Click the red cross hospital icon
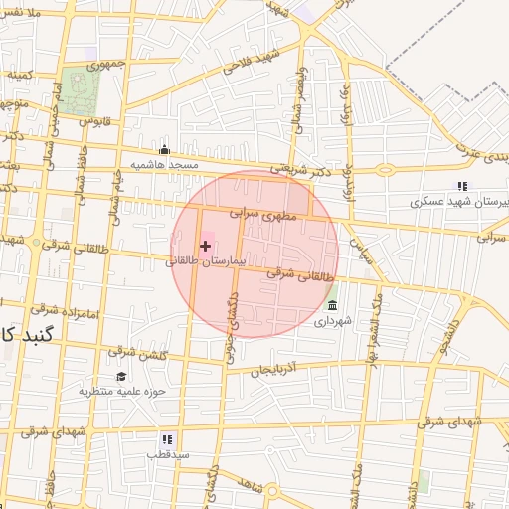[x=206, y=245]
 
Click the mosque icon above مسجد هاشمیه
[x=165, y=150]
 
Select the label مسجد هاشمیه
[x=170, y=163]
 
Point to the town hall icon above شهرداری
[x=332, y=305]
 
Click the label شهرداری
[x=332, y=320]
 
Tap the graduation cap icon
[x=120, y=377]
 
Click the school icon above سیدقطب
[x=167, y=438]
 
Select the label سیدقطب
[x=167, y=453]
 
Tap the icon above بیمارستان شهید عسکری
[x=461, y=186]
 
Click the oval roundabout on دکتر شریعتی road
[x=384, y=169]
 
